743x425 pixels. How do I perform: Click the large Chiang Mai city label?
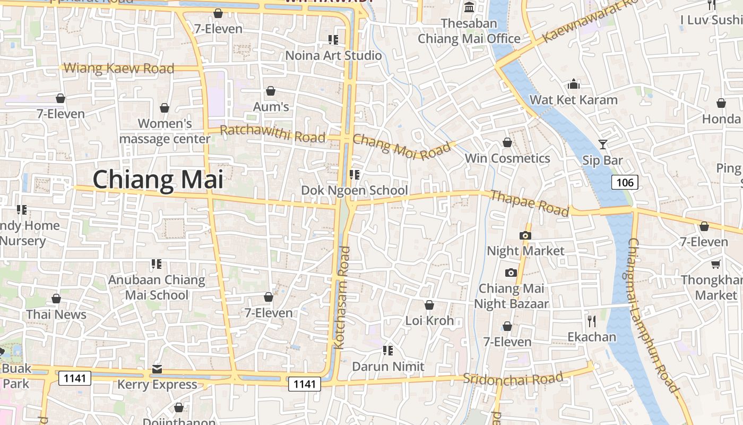[158, 180]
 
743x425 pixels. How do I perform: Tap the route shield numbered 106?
[625, 183]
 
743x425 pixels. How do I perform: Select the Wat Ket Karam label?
[574, 100]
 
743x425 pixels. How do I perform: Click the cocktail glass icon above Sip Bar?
[602, 144]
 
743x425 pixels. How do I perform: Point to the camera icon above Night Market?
[525, 235]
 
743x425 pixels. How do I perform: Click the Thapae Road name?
[529, 203]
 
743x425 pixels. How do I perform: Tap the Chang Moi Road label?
[402, 146]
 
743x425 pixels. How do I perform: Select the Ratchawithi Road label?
[272, 133]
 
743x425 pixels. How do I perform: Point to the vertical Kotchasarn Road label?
[342, 297]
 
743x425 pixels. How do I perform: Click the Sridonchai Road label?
[513, 379]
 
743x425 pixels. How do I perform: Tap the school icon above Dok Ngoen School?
[355, 174]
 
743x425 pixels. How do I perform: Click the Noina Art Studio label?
[333, 55]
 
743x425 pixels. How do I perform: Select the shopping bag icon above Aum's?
[271, 91]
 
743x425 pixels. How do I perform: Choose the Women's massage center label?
[165, 131]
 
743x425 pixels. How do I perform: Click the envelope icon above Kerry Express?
[157, 369]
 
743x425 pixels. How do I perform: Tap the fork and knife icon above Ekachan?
[592, 321]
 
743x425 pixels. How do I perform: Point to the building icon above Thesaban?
[469, 7]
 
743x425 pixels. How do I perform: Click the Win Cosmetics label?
[507, 158]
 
